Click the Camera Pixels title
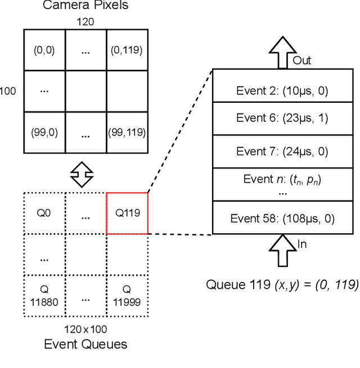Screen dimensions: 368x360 [x=85, y=6]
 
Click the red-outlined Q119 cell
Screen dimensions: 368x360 [x=127, y=213]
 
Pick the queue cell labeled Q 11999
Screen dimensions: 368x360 [x=127, y=295]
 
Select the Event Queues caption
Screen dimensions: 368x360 [x=85, y=344]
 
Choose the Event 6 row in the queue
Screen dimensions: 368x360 [x=282, y=118]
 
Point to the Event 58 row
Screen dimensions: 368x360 [x=282, y=218]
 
